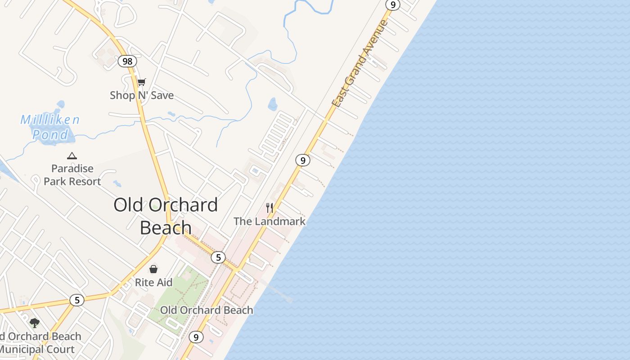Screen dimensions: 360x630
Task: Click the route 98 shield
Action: [127, 61]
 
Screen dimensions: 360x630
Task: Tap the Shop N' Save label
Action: [142, 95]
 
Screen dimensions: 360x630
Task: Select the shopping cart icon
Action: [142, 82]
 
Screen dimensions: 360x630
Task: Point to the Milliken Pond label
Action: [50, 127]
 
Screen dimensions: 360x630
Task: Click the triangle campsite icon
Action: [72, 156]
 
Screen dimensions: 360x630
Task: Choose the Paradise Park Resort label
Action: [72, 175]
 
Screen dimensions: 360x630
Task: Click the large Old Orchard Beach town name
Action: [166, 216]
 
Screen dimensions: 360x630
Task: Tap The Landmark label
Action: [269, 221]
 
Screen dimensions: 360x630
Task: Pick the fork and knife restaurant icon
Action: [270, 207]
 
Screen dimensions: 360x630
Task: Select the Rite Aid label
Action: [153, 283]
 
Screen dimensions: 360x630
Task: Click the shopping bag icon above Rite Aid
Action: [153, 269]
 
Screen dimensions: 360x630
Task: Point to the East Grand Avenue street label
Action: [360, 63]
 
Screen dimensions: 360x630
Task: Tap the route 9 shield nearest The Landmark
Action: [303, 160]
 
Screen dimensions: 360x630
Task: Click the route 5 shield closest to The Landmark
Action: [218, 257]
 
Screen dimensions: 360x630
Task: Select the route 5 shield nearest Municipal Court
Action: [77, 300]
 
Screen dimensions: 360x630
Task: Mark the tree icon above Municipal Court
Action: [35, 323]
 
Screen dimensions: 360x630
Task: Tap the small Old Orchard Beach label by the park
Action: [207, 310]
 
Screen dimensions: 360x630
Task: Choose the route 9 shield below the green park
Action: [196, 337]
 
